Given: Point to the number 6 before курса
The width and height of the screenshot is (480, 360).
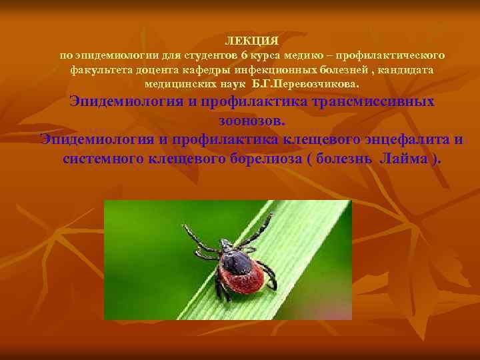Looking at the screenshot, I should pos(244,55).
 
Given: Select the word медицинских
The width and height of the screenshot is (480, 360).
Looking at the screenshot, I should pos(177,85).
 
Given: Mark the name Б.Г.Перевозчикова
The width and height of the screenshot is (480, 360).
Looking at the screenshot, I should pos(305,85).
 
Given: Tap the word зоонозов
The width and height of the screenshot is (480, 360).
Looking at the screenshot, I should pos(251,121).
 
